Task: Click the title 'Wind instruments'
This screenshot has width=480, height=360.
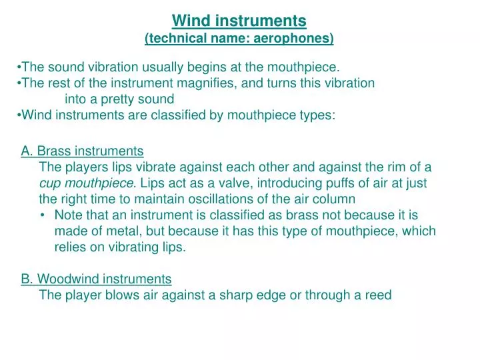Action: click(x=239, y=21)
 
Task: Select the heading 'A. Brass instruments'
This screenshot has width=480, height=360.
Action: click(x=82, y=151)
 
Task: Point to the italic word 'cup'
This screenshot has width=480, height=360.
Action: click(x=50, y=183)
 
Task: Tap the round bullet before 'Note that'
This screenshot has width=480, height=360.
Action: click(x=43, y=215)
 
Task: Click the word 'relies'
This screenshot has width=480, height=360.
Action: click(x=71, y=247)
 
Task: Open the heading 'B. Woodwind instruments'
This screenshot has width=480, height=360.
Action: click(x=96, y=279)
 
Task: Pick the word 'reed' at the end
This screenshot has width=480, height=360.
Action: click(x=378, y=295)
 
